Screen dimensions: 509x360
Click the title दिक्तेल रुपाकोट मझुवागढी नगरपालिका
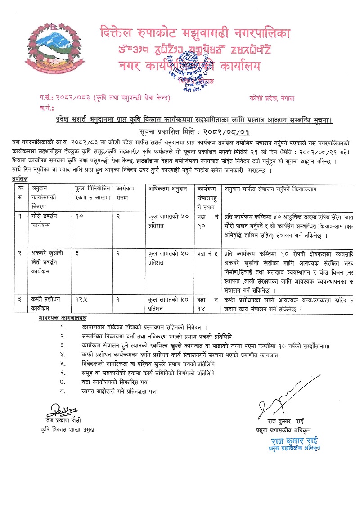[x=195, y=33]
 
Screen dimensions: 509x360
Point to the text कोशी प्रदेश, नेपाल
[x=272, y=98]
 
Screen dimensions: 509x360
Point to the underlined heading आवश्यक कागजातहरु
[x=63, y=318]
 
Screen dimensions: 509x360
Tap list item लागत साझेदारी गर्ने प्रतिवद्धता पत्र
[x=119, y=392]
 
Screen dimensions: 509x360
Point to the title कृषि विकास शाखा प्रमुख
[x=67, y=429]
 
